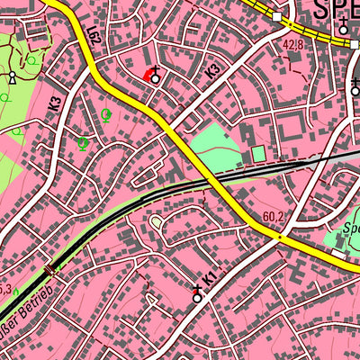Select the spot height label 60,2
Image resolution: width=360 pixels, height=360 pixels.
click(x=274, y=216)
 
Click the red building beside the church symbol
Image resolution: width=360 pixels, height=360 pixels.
click(x=147, y=76)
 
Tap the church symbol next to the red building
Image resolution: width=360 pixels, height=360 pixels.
click(x=157, y=76)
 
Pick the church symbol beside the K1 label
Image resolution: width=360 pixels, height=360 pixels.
click(x=197, y=293)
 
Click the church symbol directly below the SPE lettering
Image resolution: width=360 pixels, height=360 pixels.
click(x=343, y=28)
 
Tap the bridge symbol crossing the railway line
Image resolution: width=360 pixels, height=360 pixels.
click(x=49, y=268)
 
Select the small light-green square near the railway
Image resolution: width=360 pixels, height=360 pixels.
click(x=258, y=154)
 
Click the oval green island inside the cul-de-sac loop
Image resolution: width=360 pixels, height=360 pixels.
click(x=157, y=221)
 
